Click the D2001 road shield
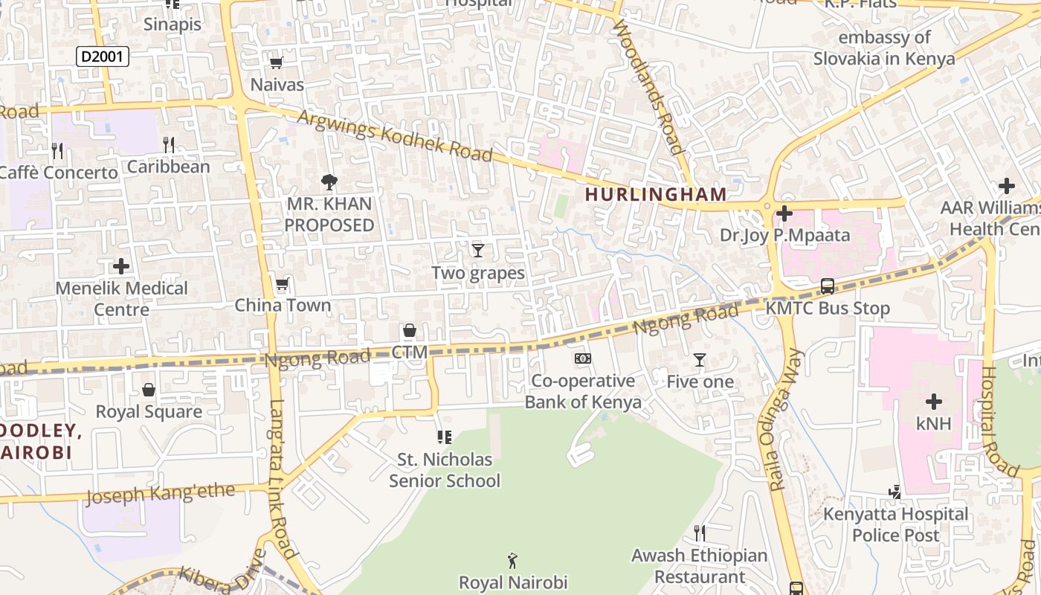coord(103,57)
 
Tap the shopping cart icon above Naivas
coord(277,63)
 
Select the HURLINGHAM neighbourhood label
coord(655,195)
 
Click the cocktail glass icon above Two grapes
coord(478,251)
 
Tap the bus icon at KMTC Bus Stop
coord(827,286)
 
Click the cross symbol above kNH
coord(933,402)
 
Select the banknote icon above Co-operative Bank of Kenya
coord(583,358)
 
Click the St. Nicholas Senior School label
coord(445,470)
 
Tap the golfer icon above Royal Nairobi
coord(512,560)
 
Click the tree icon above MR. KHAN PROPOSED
coord(329,181)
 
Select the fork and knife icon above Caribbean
coord(169,144)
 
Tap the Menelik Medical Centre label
coord(122,298)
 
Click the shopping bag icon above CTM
coord(409,330)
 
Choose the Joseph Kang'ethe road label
coord(161,493)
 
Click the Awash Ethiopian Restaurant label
coord(699,566)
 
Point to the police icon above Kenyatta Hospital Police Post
coord(895,492)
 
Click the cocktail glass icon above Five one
coord(699,360)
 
